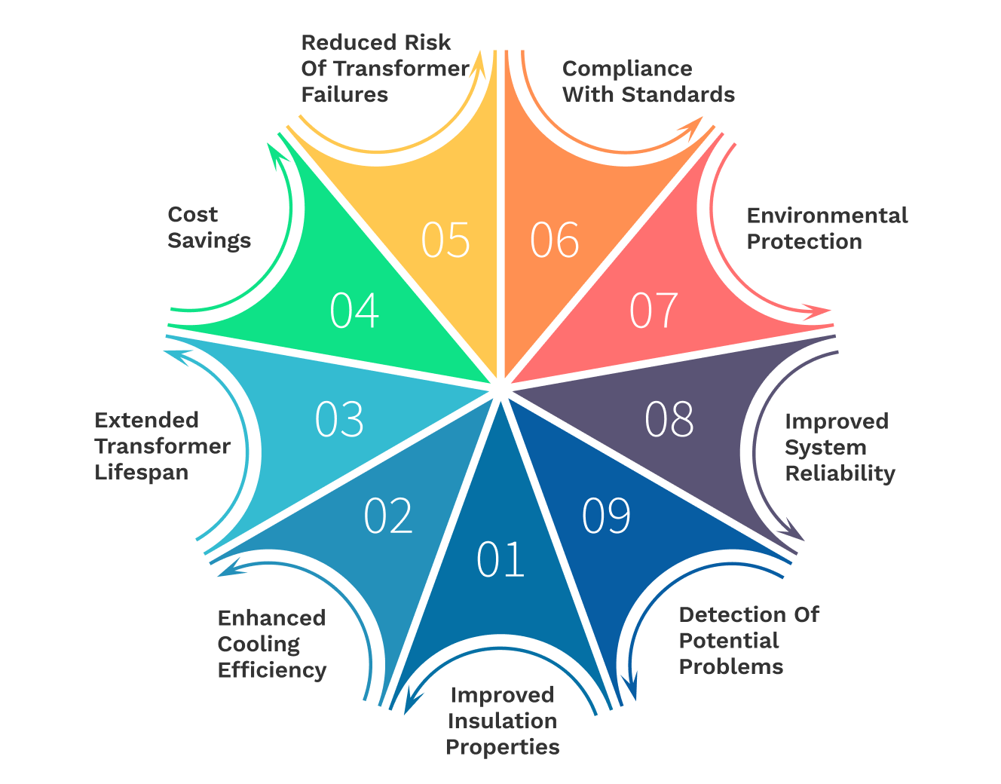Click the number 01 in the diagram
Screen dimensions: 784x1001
pyautogui.click(x=501, y=560)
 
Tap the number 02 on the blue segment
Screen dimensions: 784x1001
pyautogui.click(x=388, y=516)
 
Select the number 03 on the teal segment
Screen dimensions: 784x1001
pyautogui.click(x=339, y=419)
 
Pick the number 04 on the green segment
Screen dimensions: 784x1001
pyautogui.click(x=354, y=311)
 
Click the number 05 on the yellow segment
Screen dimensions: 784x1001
pyautogui.click(x=445, y=240)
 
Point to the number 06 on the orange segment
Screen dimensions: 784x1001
pyautogui.click(x=555, y=240)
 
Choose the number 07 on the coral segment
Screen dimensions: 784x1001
pyautogui.click(x=654, y=311)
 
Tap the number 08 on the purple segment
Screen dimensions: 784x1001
pyautogui.click(x=669, y=419)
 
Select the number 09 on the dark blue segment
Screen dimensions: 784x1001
pyautogui.click(x=606, y=516)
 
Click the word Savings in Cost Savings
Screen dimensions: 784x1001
pyautogui.click(x=209, y=240)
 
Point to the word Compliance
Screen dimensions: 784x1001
pyautogui.click(x=627, y=69)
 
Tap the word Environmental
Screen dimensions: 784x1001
pyautogui.click(x=827, y=216)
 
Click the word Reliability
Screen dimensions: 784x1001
pyautogui.click(x=840, y=473)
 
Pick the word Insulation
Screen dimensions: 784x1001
pyautogui.click(x=502, y=721)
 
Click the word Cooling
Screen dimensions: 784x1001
pyautogui.click(x=259, y=645)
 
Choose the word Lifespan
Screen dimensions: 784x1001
pyautogui.click(x=141, y=473)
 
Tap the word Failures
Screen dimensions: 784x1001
pyautogui.click(x=344, y=94)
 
